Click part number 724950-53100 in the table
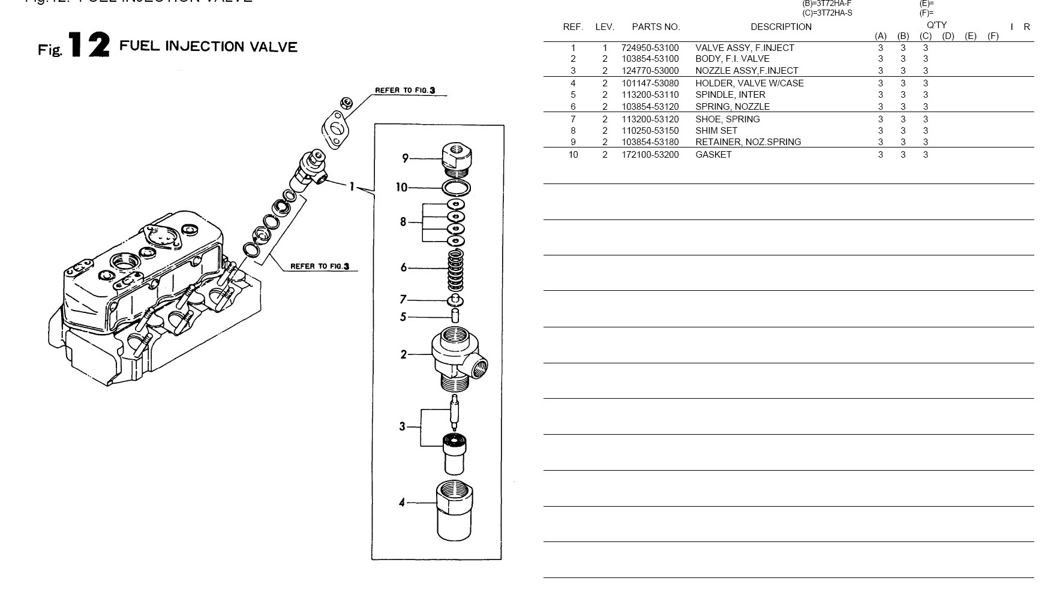tap(650, 48)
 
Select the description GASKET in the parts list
tap(713, 155)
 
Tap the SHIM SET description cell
tap(716, 131)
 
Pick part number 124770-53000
tap(650, 71)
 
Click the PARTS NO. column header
tap(656, 27)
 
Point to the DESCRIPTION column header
tap(780, 27)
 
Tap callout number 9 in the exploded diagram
tap(406, 158)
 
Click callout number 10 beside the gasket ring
tap(401, 188)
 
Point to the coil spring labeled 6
tap(456, 268)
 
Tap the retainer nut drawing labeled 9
tap(457, 159)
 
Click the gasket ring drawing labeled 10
tap(456, 188)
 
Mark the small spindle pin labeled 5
tap(455, 316)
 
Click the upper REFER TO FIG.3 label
tap(405, 91)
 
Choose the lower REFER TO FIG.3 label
tap(320, 266)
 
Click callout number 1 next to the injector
tap(352, 186)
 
